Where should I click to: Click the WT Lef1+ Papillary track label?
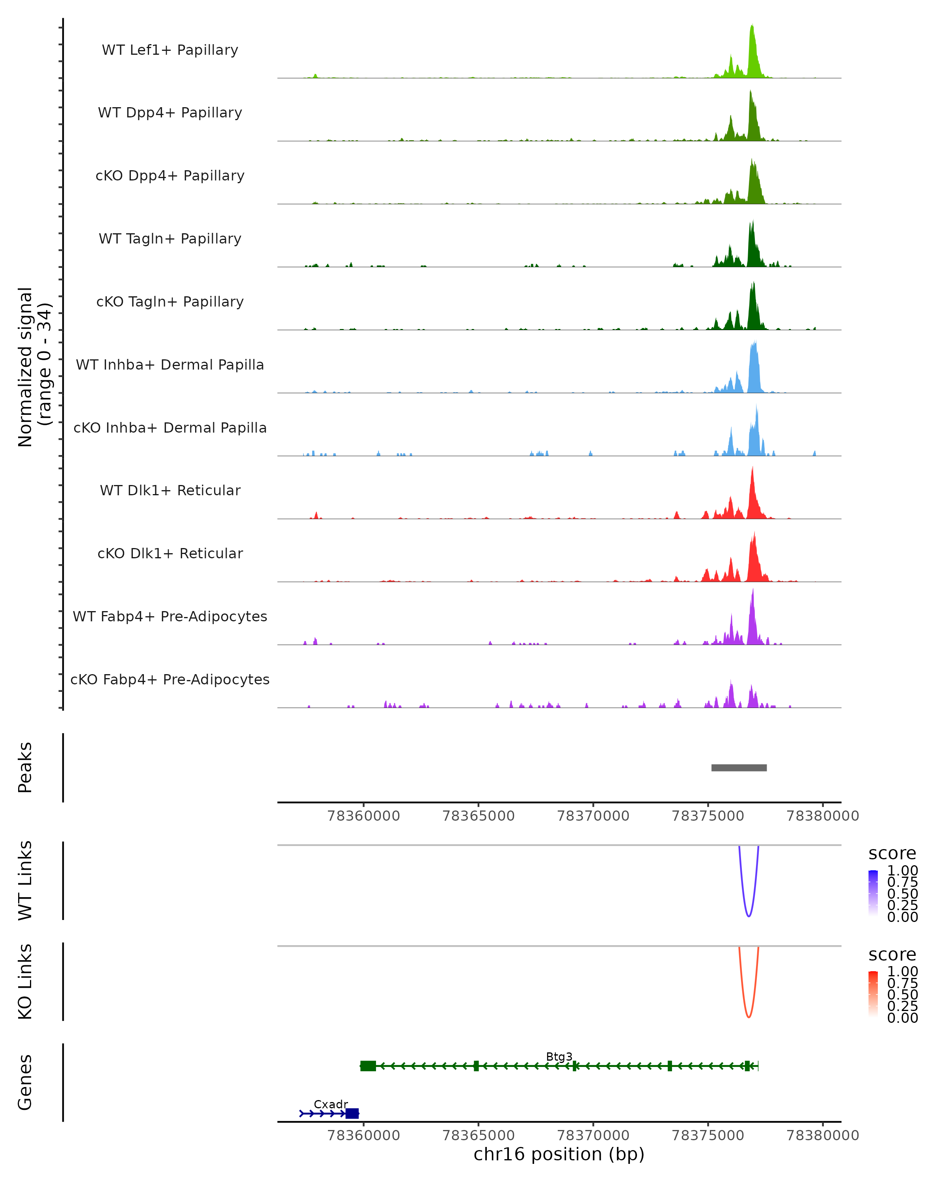pos(170,50)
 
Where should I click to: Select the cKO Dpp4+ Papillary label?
pos(170,175)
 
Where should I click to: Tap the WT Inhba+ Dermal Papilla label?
pos(170,364)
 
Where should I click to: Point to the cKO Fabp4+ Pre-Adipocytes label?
pos(170,679)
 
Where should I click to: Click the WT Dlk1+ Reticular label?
pos(170,490)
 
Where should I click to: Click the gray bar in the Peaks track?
pos(739,768)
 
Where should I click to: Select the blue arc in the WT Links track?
pos(749,916)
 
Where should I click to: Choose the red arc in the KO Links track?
pos(749,1017)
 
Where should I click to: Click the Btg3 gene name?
pos(559,1056)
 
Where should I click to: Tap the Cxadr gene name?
pos(331,1104)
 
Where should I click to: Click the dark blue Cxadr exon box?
pos(352,1113)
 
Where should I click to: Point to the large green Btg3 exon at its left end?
pos(368,1066)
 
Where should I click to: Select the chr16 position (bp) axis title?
pos(559,1154)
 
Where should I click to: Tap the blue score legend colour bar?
pos(873,892)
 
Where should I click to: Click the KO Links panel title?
pos(25,981)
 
